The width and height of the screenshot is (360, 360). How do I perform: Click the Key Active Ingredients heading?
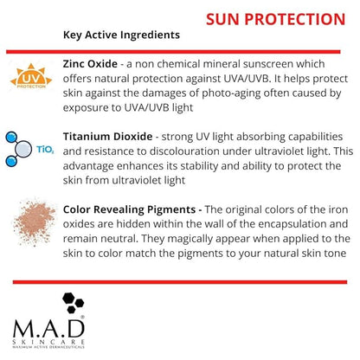(x=121, y=35)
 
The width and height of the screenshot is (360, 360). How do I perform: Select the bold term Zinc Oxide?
(x=93, y=63)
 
